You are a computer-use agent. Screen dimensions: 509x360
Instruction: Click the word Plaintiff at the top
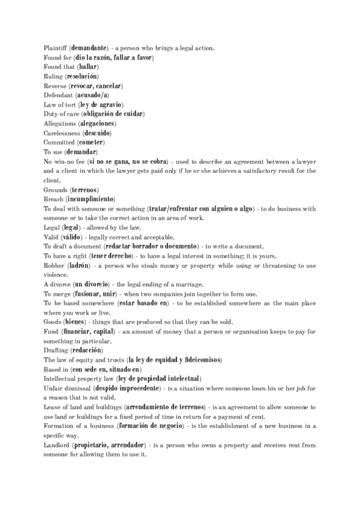tap(55, 47)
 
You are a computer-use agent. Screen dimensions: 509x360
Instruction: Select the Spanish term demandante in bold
tap(89, 47)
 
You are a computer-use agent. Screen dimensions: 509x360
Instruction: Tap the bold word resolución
tap(82, 76)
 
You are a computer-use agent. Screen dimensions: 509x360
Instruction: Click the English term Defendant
tap(58, 95)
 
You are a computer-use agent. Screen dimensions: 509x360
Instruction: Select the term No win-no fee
tap(64, 161)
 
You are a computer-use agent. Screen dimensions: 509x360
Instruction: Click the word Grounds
tap(55, 190)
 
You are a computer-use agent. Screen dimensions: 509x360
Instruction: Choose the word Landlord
tap(57, 445)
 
